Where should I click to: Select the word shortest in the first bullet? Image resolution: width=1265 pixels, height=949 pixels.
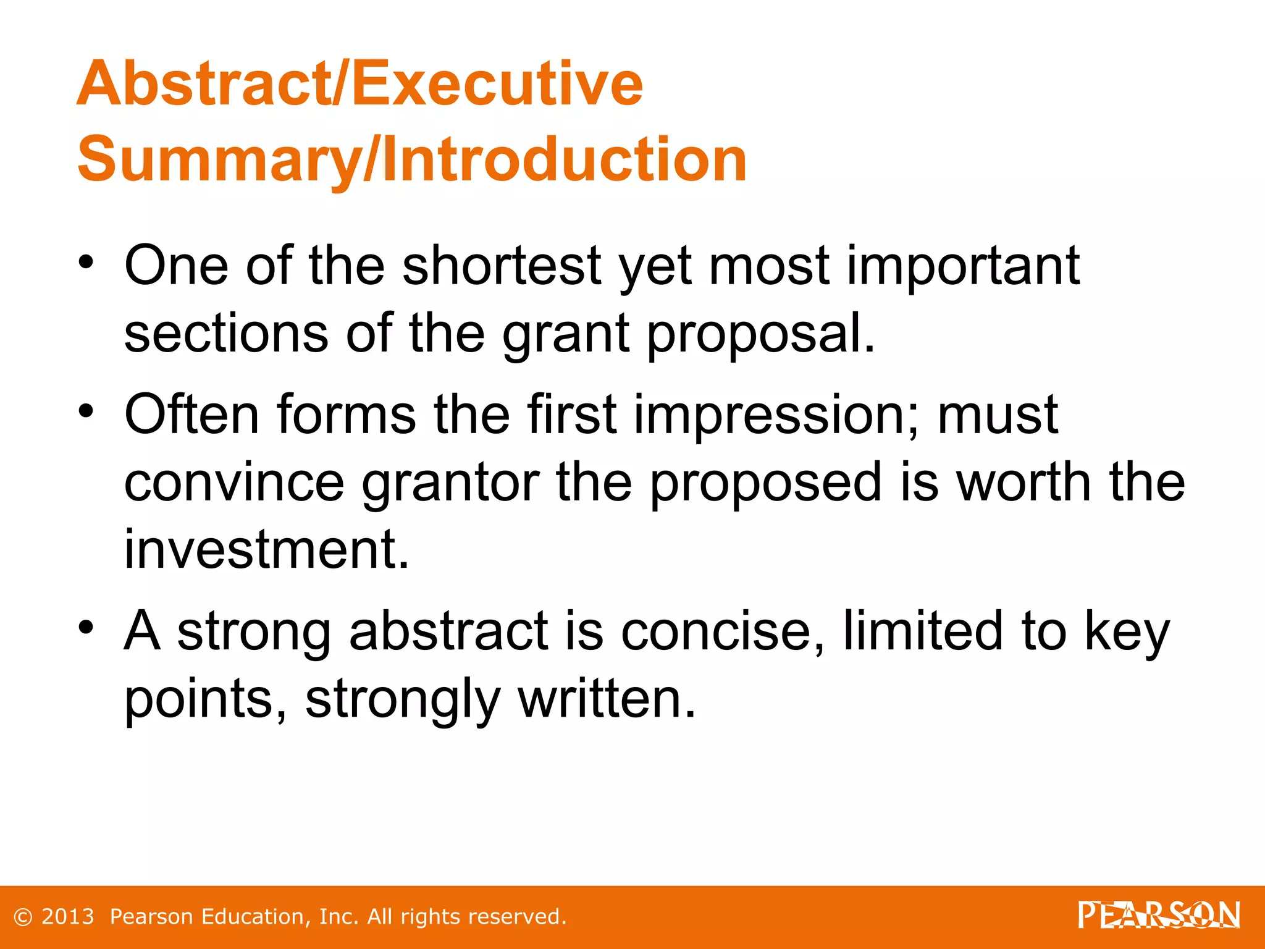[x=502, y=266]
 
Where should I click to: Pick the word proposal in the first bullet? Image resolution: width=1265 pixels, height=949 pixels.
[x=760, y=334]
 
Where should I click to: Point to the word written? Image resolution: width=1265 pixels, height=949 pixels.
[x=607, y=699]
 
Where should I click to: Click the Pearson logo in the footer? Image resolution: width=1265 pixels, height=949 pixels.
[x=1159, y=915]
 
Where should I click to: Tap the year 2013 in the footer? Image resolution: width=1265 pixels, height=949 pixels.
[x=67, y=917]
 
